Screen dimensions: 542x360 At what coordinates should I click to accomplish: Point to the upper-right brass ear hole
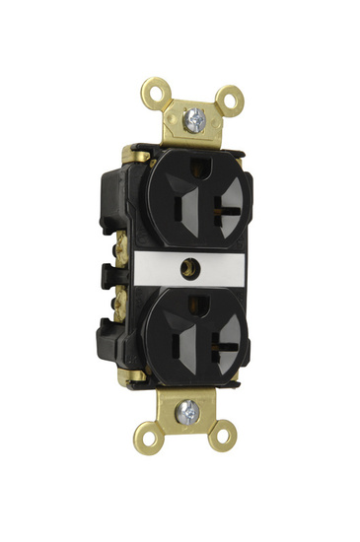tap(232, 98)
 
